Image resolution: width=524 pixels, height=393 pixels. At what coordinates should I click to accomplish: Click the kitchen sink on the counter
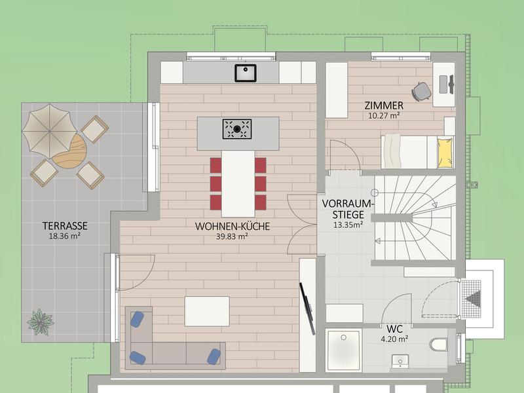coord(245,73)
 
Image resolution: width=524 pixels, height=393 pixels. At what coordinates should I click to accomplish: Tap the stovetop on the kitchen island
coord(237,129)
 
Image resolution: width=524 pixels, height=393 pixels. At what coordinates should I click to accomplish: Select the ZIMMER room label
coord(384,105)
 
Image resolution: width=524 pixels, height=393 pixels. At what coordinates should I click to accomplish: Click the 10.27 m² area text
coord(384,116)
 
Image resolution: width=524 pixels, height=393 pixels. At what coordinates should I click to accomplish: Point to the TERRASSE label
coord(65,226)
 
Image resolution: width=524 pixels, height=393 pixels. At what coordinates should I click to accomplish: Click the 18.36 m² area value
coord(65,236)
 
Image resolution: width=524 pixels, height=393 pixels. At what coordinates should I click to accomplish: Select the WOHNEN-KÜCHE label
coord(233,226)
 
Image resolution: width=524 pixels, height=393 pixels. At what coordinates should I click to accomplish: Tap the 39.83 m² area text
coord(232,236)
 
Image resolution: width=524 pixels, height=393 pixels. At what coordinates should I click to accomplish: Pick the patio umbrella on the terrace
coord(50,131)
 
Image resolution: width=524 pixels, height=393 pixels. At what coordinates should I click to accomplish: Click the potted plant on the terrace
coord(41,322)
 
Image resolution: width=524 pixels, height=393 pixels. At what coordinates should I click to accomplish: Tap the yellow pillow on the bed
coord(445,153)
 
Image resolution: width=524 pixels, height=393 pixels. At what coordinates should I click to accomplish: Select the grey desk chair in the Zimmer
coord(421,91)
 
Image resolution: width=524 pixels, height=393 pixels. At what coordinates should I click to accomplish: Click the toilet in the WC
coord(438,345)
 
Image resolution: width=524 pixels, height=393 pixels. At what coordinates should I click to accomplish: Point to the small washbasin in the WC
coord(400,361)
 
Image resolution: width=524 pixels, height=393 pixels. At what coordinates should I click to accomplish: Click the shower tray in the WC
coord(343,350)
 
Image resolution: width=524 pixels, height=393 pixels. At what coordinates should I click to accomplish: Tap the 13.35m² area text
coord(348,225)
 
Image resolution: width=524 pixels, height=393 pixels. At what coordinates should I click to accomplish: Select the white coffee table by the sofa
coord(207,311)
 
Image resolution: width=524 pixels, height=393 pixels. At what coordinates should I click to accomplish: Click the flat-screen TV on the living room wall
coord(308,309)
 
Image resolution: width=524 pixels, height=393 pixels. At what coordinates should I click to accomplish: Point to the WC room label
coord(395,329)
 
